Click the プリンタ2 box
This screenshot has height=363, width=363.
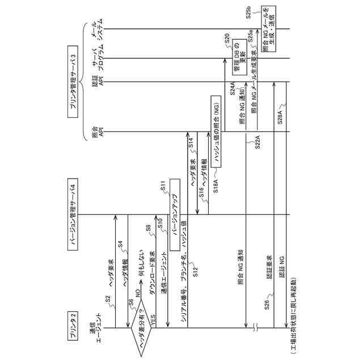[73, 324]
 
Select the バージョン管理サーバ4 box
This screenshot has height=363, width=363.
[73, 214]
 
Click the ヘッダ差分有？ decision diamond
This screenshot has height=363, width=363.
[140, 328]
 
